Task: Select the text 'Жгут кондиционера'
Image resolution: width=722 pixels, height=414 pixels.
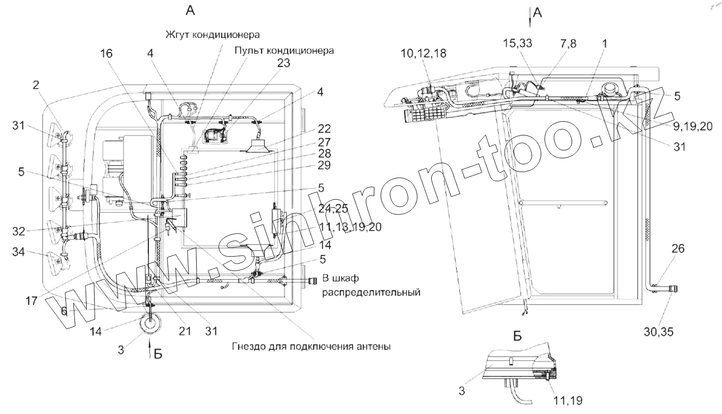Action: coord(213,35)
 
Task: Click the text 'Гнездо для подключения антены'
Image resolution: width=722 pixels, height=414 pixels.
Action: coord(312,347)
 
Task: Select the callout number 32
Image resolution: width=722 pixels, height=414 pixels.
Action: coord(25,231)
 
